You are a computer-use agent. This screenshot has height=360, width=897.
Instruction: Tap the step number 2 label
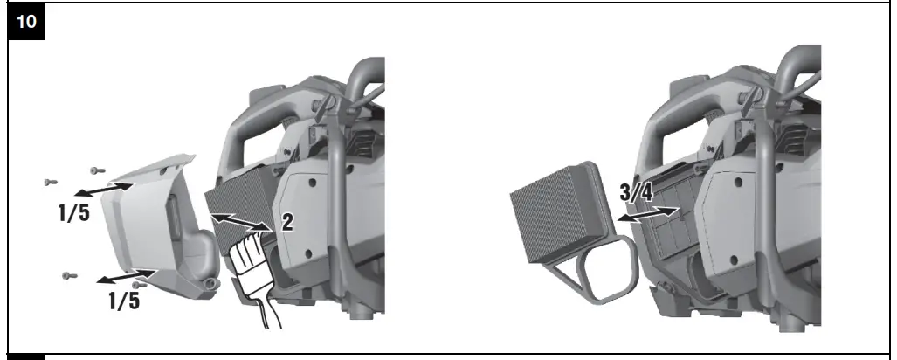(x=286, y=223)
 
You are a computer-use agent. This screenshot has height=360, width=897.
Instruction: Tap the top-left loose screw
(x=50, y=182)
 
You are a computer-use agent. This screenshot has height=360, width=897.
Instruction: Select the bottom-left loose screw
(x=68, y=276)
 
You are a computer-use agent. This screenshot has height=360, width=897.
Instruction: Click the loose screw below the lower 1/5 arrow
(x=136, y=284)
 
